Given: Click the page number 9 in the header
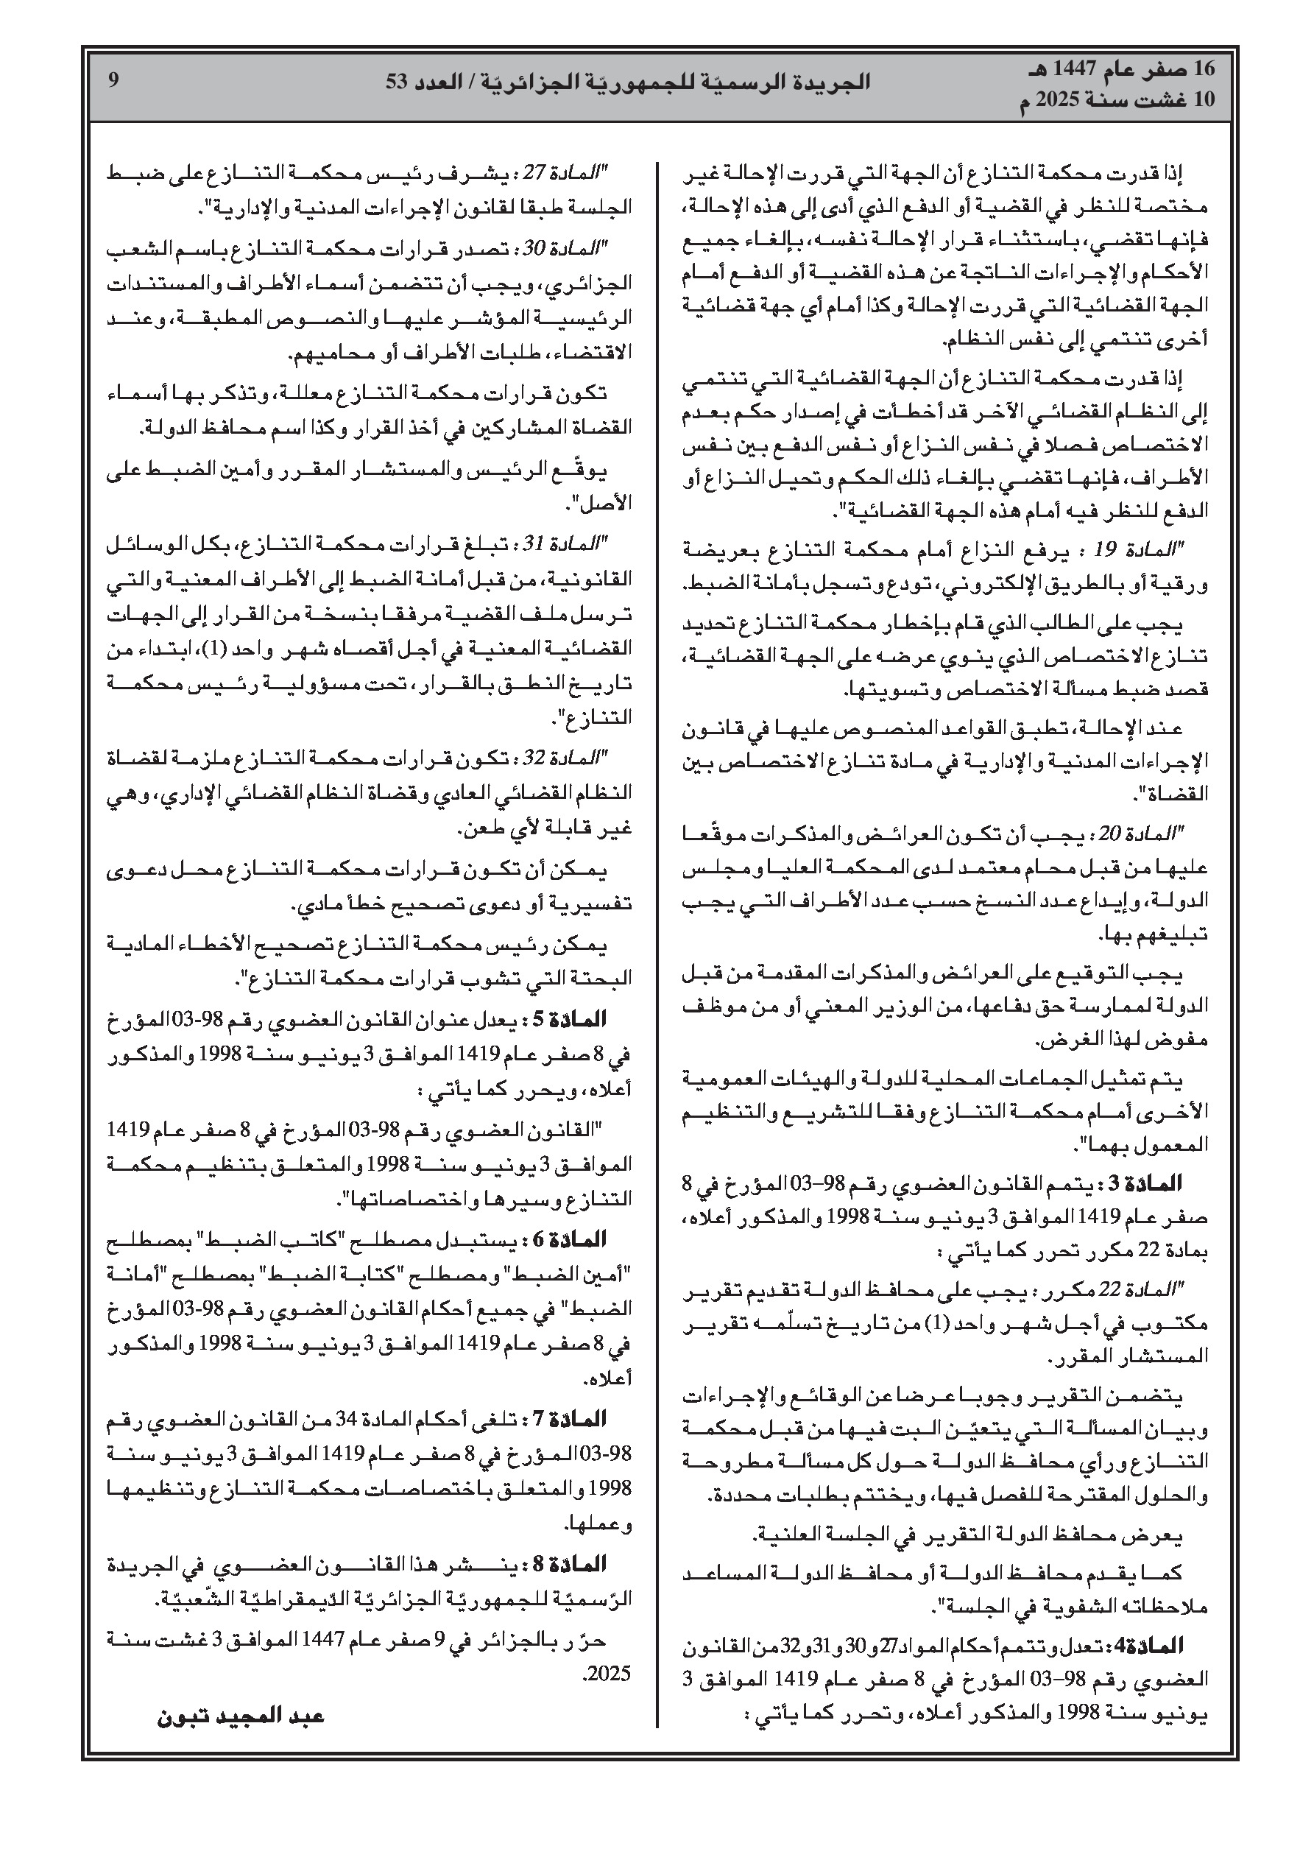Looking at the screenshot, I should coord(113,80).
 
